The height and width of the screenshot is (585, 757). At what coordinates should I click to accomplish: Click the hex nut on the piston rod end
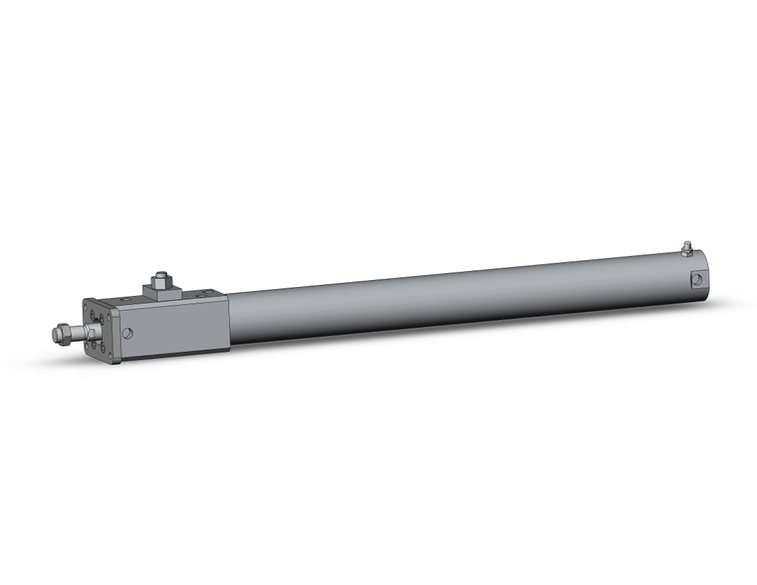click(x=65, y=334)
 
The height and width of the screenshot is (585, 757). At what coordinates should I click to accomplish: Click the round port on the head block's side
click(x=127, y=334)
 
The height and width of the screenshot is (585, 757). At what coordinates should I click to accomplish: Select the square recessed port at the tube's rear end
click(x=699, y=278)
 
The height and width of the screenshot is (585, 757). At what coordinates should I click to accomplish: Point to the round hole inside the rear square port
click(x=699, y=279)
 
